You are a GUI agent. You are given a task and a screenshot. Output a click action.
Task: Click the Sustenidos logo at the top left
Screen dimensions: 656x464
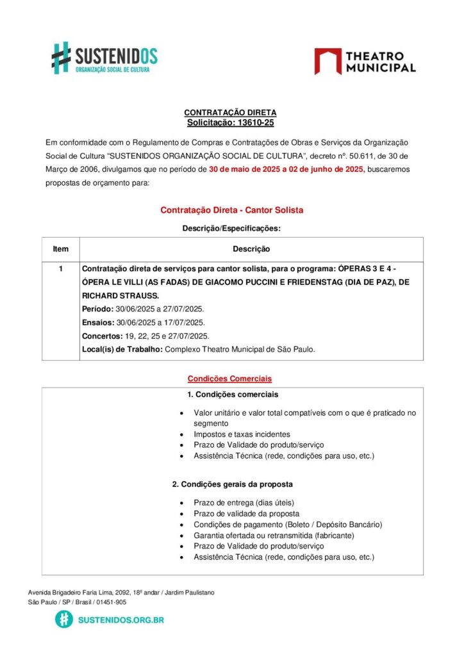104,58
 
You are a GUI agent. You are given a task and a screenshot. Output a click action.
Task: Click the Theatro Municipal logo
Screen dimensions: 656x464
365,61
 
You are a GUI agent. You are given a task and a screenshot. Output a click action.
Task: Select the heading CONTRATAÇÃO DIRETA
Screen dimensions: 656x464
230,113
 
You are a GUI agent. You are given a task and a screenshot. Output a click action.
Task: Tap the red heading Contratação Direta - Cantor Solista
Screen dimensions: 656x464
231,210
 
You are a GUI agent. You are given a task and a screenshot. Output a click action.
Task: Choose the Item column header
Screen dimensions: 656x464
61,249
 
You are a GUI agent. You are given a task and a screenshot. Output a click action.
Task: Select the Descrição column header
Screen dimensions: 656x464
251,249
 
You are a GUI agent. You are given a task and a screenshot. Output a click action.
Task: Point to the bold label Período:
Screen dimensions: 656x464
98,309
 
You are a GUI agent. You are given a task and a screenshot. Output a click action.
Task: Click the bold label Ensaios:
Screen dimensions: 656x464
98,322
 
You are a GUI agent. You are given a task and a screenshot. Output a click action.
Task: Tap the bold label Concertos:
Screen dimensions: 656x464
102,336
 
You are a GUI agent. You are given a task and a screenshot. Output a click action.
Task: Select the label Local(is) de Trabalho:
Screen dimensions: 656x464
122,349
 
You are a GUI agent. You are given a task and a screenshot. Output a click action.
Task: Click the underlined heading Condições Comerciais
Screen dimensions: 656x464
229,378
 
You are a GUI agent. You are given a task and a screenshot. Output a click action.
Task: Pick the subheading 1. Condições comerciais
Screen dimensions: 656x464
233,394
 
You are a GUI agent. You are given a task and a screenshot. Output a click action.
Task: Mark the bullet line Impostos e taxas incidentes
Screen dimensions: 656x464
242,434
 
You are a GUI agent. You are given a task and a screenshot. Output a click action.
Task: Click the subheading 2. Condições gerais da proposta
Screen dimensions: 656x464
233,484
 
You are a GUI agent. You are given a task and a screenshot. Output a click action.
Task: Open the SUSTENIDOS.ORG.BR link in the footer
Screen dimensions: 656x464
120,619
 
